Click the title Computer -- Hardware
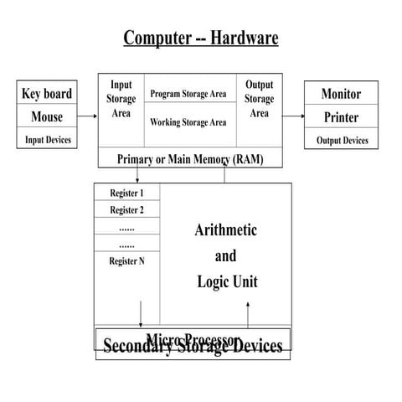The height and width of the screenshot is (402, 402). [201, 38]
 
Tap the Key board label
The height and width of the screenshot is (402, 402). [46, 94]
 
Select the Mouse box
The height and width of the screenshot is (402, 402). [46, 116]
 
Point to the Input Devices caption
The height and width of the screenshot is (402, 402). [46, 140]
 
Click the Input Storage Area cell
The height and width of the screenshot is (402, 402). [121, 99]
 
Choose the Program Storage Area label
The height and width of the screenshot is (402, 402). [188, 93]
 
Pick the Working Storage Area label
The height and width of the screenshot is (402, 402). [188, 122]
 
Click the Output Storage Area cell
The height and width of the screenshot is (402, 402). [260, 99]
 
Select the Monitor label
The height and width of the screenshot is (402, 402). [341, 95]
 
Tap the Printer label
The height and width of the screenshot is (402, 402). [341, 117]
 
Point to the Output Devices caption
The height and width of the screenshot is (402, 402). [342, 141]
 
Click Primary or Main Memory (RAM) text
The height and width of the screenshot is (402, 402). [190, 159]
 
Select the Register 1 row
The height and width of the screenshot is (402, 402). [126, 193]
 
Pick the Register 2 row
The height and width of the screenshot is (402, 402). [126, 210]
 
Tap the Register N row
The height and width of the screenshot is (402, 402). [126, 261]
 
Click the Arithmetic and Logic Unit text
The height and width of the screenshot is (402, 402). [225, 255]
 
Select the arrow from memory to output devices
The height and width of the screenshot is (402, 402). [294, 116]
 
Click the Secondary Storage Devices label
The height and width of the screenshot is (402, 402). [193, 347]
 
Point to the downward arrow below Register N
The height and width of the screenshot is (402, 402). [141, 314]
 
